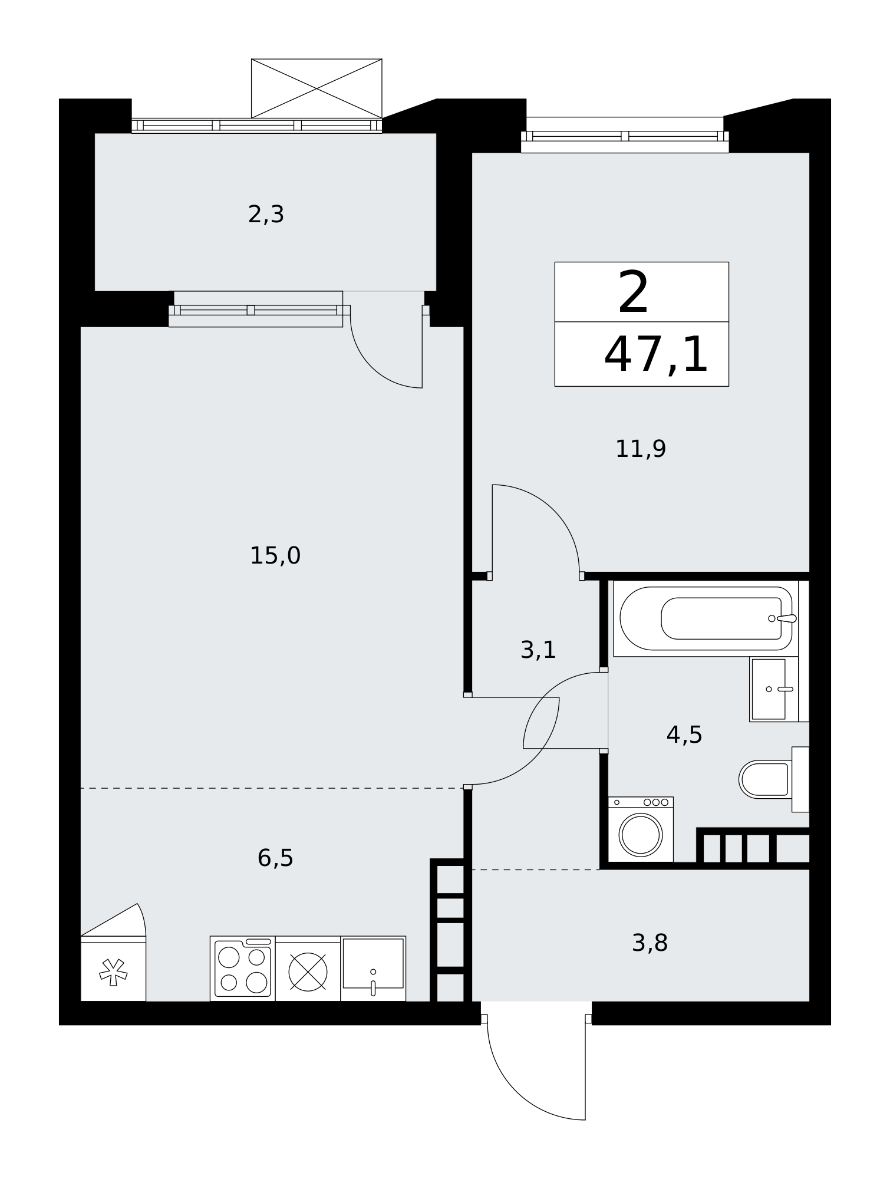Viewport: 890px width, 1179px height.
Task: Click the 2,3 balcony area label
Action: pos(266,215)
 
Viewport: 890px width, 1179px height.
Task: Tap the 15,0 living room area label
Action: pos(275,556)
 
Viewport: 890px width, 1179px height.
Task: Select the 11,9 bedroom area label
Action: pos(641,449)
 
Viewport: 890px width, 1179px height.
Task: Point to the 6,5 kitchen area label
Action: pos(275,858)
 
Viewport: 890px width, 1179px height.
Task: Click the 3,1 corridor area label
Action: pos(538,650)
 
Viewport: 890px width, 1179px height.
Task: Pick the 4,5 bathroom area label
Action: pos(684,735)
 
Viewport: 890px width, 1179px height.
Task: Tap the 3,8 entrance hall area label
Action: pos(650,943)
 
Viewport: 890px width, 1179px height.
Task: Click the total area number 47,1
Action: pos(655,355)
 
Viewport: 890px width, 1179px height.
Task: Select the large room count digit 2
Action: pos(634,292)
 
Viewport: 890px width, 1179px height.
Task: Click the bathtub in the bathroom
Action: pos(706,618)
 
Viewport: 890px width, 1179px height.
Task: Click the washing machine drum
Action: pos(641,835)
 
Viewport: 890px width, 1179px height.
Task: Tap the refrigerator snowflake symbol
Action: pos(113,972)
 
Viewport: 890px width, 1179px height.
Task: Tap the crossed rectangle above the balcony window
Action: pos(317,88)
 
